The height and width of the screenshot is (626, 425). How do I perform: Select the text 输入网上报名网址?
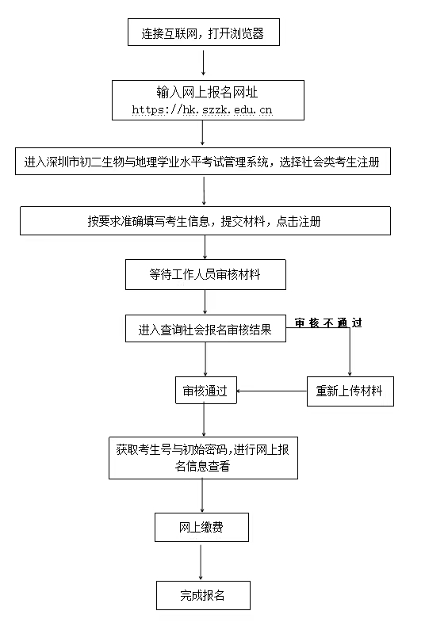pyautogui.click(x=205, y=92)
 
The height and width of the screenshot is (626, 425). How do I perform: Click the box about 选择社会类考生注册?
pyautogui.click(x=205, y=162)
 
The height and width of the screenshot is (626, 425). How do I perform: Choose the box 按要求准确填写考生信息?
pyautogui.click(x=205, y=221)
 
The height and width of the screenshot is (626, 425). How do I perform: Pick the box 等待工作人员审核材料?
pyautogui.click(x=205, y=275)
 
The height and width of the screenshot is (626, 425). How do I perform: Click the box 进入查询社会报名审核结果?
pyautogui.click(x=205, y=329)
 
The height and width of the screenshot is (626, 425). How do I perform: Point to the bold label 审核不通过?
pyautogui.click(x=328, y=323)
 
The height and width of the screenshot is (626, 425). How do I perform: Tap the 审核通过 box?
pyautogui.click(x=205, y=391)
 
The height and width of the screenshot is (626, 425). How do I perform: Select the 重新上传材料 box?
pyautogui.click(x=350, y=391)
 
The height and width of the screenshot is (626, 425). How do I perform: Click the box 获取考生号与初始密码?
pyautogui.click(x=203, y=458)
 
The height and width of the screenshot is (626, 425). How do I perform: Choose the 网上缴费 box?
pyautogui.click(x=201, y=527)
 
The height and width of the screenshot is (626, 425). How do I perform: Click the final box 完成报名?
pyautogui.click(x=202, y=595)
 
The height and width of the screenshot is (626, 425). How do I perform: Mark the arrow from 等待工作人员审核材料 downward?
pyautogui.click(x=205, y=303)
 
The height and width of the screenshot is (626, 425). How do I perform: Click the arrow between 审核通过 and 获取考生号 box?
pyautogui.click(x=205, y=420)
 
